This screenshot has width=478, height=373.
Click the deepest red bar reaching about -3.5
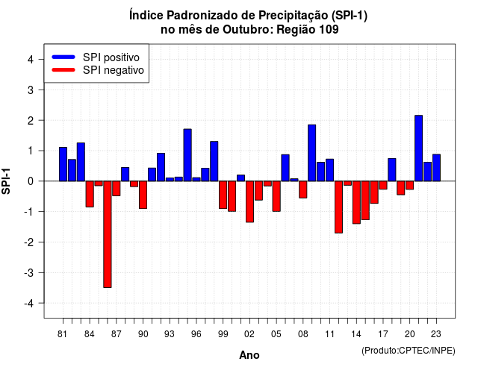pos(108,234)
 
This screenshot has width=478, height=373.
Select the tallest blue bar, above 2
pos(418,148)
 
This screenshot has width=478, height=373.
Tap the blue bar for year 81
pos(63,164)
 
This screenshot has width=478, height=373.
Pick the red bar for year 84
pos(90,194)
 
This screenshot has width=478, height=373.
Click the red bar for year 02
pos(249,201)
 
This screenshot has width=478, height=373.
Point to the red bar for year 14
pos(356,202)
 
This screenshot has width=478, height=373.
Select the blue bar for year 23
pos(436,168)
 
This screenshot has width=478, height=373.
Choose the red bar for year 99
pos(223,195)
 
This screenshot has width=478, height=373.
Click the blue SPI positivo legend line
pos(63,57)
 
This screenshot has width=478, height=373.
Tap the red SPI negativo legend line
pos(63,69)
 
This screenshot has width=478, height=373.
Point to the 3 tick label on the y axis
pos(31,90)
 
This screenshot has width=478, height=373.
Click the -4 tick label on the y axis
pos(29,304)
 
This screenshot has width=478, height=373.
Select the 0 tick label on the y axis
pos(31,181)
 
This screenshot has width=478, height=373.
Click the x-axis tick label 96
pos(196,334)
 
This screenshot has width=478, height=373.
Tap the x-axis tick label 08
pos(303,334)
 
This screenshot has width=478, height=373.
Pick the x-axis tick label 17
pos(383,334)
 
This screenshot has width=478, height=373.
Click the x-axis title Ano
pos(249,355)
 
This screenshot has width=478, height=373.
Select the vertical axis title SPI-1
pos(6,181)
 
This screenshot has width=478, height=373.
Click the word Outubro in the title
pos(248,30)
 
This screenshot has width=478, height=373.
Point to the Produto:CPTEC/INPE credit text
pos(409,351)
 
